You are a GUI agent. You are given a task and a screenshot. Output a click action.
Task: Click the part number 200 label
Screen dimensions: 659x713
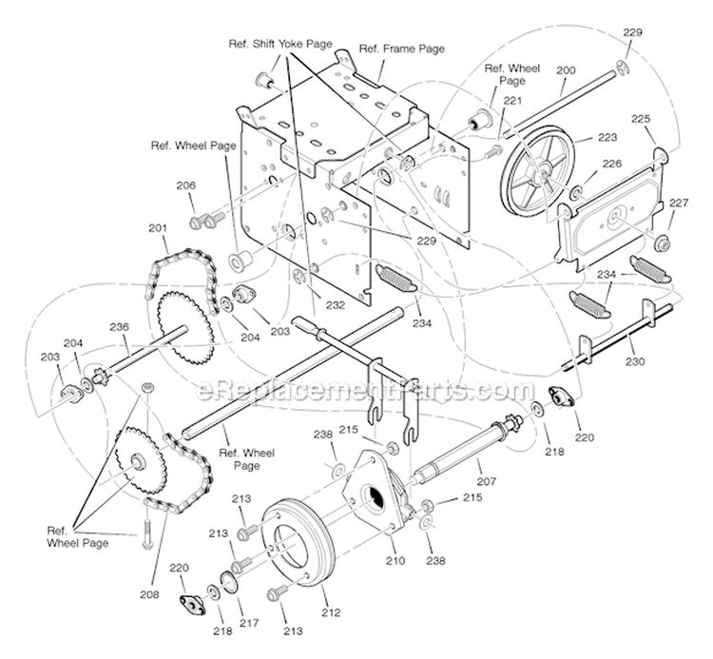coord(566,70)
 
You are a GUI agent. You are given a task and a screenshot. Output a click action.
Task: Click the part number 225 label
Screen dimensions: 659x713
coord(641,120)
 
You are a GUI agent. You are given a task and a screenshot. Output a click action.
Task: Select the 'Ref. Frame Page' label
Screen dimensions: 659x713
coord(401,48)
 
